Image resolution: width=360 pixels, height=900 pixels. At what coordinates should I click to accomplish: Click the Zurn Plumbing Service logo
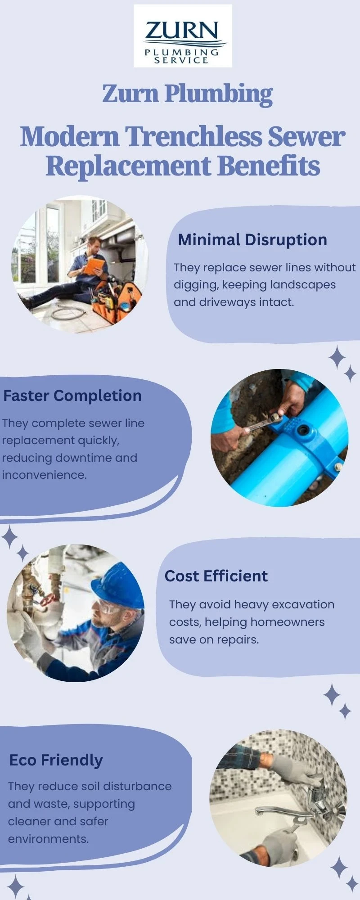click(183, 36)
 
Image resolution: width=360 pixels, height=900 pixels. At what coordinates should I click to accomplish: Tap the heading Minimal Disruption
click(252, 240)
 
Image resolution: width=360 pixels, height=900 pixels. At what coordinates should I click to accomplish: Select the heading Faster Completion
click(72, 396)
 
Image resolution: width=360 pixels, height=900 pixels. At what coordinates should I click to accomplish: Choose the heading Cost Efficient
click(216, 576)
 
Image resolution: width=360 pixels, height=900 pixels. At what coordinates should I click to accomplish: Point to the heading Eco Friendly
click(56, 760)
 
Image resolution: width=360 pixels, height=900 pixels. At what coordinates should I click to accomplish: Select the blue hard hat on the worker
click(118, 585)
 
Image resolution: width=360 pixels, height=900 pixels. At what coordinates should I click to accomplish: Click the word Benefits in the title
click(269, 166)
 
